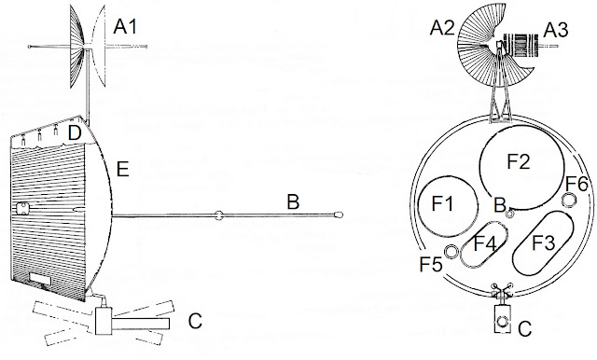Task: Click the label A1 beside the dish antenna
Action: pos(125,27)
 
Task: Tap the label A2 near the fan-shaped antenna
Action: pos(441,29)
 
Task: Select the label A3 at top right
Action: pos(556,30)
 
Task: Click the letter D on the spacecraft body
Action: pos(75,133)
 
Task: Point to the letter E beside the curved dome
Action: pos(122,169)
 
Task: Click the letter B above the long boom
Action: pos(293,202)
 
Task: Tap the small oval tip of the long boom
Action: pos(338,215)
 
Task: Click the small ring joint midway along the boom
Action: pos(218,215)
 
